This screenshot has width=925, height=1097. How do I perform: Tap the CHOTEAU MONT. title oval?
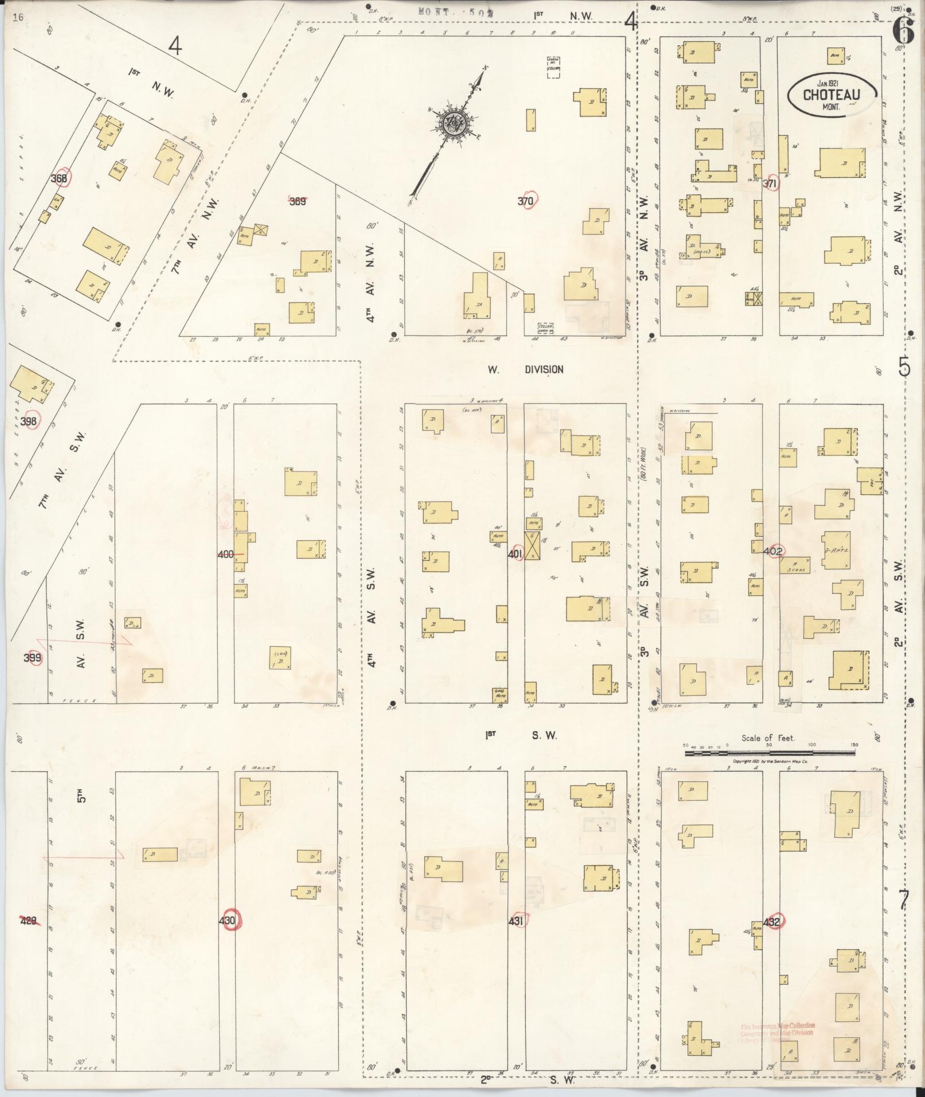pos(832,95)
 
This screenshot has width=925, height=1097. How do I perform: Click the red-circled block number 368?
pos(60,178)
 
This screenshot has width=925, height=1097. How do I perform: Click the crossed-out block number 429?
pos(29,921)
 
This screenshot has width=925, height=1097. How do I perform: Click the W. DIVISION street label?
pos(525,370)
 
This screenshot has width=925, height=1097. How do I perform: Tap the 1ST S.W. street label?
pos(522,735)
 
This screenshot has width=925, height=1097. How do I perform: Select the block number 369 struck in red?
pos(297,201)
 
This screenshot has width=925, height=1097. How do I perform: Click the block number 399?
pos(32,658)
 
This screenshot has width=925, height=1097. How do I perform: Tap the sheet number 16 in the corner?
pos(17,17)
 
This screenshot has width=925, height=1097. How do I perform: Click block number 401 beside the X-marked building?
pos(516,555)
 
